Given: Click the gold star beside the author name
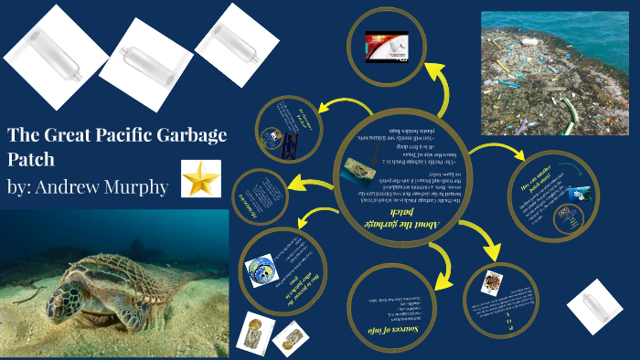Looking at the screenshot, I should pyautogui.click(x=200, y=178).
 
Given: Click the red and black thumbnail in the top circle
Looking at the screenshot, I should pyautogui.click(x=383, y=46).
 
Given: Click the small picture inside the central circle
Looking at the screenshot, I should pyautogui.click(x=358, y=169).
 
